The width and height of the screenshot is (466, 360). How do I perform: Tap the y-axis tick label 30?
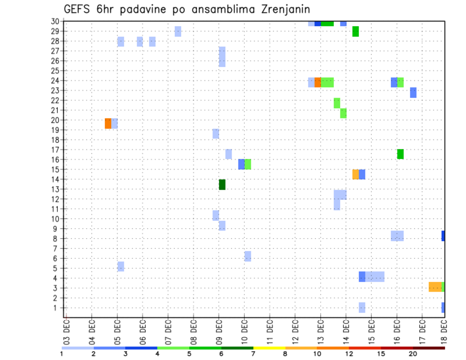pyautogui.click(x=56, y=21)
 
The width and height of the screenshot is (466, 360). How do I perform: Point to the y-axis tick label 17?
pyautogui.click(x=56, y=149)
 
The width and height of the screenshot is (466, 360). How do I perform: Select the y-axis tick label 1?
pyautogui.click(x=58, y=308)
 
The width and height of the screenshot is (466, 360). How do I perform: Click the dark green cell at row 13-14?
pyautogui.click(x=222, y=184)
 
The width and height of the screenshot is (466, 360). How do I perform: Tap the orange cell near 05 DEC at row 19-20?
pyautogui.click(x=108, y=123)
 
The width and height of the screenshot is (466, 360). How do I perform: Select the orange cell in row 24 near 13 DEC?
pyautogui.click(x=317, y=82)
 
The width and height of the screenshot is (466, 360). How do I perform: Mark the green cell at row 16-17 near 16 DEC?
pyautogui.click(x=400, y=154)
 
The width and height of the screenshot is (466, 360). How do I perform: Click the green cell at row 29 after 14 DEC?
pyautogui.click(x=355, y=31)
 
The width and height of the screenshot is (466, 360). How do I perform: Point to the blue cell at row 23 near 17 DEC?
pyautogui.click(x=413, y=92)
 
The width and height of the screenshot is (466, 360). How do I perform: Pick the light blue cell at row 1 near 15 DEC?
pyautogui.click(x=362, y=308)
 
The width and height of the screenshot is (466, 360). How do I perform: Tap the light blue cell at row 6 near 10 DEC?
pyautogui.click(x=248, y=256)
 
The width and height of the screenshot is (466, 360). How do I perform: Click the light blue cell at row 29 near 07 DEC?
pyautogui.click(x=178, y=31)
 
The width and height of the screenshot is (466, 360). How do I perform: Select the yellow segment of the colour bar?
pyautogui.click(x=269, y=348)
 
